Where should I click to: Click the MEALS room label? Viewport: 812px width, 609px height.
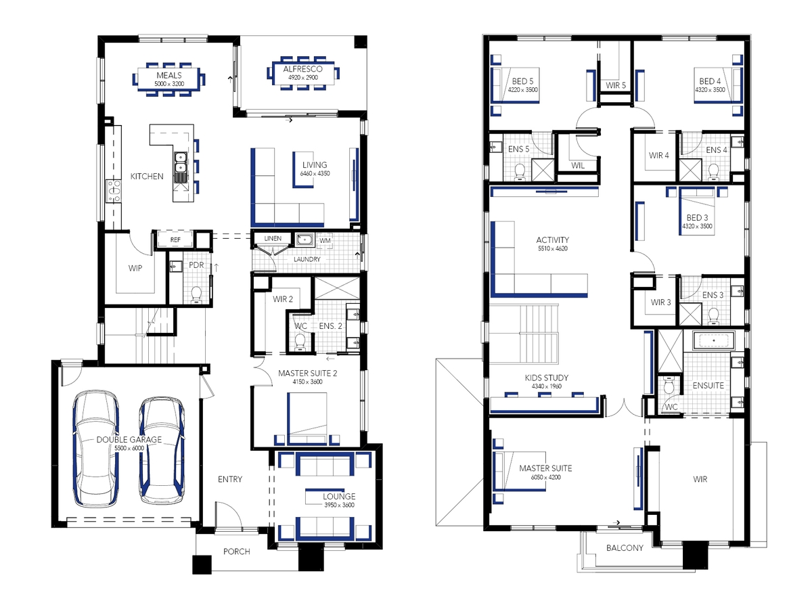coord(169,75)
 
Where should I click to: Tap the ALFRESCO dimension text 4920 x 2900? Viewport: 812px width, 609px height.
coord(303,78)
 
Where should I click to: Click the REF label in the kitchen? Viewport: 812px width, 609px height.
coord(175,240)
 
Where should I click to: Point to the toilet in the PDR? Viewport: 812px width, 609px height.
coord(196,295)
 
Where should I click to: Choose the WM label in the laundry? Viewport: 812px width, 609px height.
coord(325,241)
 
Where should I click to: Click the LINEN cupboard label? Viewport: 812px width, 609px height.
coord(273,238)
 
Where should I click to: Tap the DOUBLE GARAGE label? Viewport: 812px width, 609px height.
coord(129,439)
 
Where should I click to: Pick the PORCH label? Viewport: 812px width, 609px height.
coord(237,551)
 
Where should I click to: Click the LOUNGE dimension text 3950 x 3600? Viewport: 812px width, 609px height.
coord(339,505)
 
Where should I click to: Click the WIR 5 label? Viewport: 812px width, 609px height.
coord(616,85)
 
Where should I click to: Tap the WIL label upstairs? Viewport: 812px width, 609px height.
coord(577,166)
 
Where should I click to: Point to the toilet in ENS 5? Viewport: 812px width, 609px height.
coord(520,173)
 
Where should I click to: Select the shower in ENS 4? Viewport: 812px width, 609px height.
coord(690,170)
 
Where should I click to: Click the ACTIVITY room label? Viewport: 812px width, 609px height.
coord(553,240)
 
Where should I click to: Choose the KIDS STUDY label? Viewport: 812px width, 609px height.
coord(546,378)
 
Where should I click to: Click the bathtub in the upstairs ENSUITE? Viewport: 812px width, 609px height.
coord(714,341)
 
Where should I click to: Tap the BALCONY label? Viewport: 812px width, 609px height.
coord(625,547)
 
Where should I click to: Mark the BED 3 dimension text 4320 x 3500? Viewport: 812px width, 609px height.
coord(698,226)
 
